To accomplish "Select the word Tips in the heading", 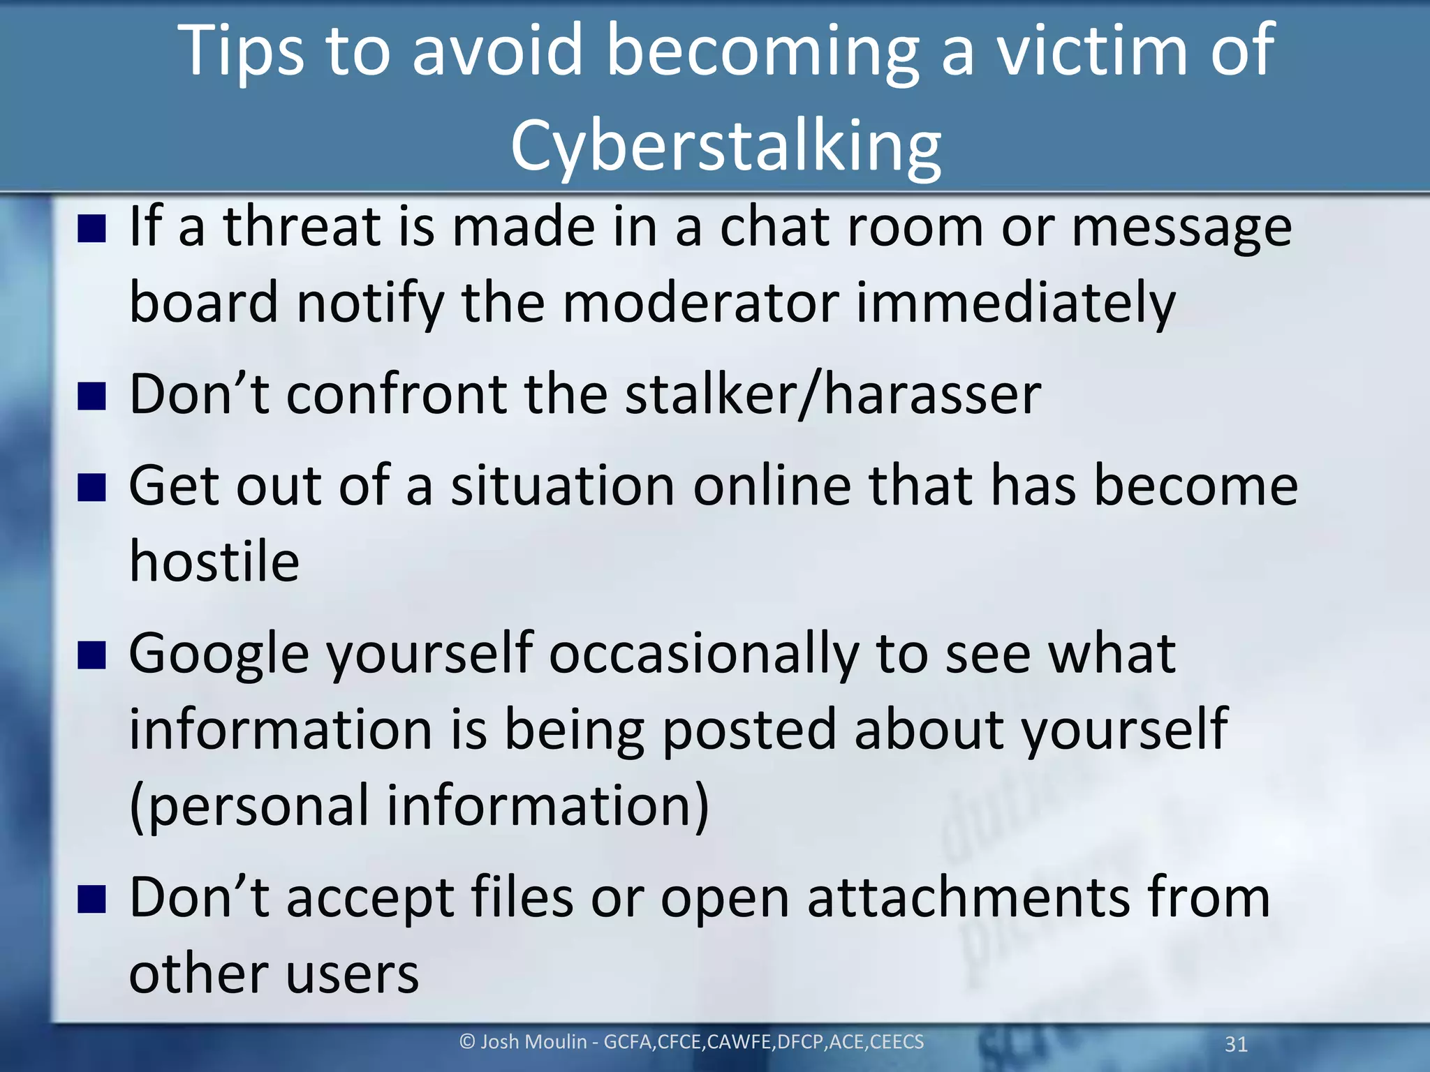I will (242, 50).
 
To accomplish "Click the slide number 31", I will (1236, 1044).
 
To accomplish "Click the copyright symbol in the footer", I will (467, 1042).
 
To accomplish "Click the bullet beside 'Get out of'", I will (91, 487).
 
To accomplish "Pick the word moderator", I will (700, 304).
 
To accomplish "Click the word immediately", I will (1016, 304).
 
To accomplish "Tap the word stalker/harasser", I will (832, 395).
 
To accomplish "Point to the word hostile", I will (214, 562).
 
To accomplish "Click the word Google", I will (219, 655).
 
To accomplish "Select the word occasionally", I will (704, 655).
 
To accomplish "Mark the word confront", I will (396, 395).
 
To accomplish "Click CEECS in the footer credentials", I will (897, 1042).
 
